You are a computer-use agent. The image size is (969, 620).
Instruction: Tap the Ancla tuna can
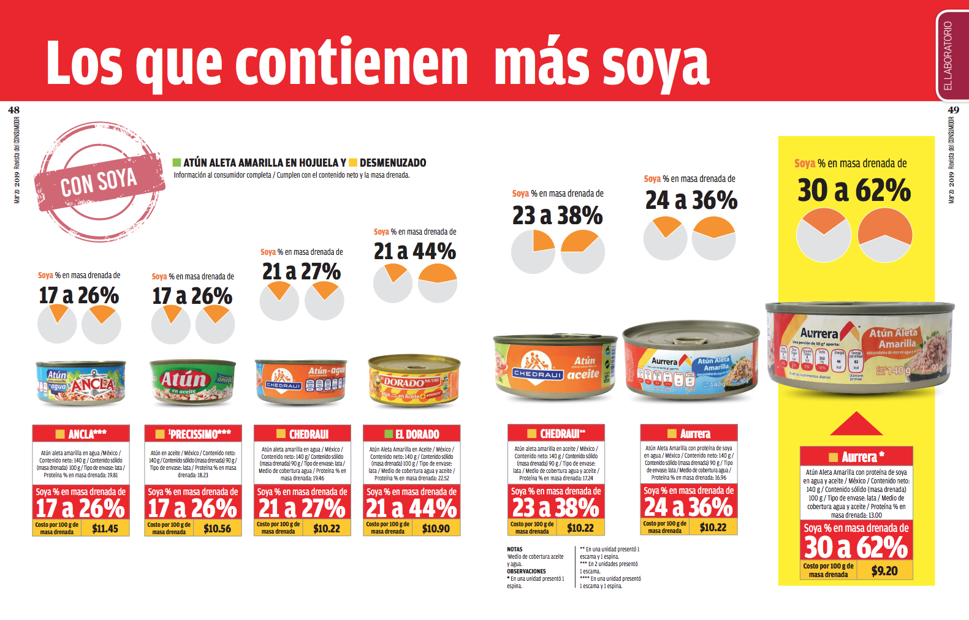[x=81, y=382]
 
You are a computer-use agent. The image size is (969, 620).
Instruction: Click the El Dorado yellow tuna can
[x=414, y=381]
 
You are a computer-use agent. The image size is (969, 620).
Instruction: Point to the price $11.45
[x=105, y=528]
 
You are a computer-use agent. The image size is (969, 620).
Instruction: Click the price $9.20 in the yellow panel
[x=884, y=571]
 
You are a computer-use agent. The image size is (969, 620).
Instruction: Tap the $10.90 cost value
[x=436, y=528]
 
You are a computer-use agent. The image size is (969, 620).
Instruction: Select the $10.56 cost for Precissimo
[x=217, y=528]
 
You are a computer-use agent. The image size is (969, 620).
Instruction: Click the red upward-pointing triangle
[x=856, y=424]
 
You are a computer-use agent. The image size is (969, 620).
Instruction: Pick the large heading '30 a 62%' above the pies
[x=854, y=191]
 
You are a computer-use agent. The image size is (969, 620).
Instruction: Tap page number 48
[x=13, y=110]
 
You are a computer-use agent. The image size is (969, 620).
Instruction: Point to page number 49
[x=953, y=110]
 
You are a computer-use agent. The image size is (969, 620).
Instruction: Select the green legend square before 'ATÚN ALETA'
[x=177, y=163]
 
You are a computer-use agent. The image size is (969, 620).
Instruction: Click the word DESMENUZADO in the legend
[x=393, y=163]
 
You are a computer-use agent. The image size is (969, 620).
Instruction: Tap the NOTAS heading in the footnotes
[x=515, y=550]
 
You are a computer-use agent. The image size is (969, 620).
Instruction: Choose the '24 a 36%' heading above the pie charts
[x=691, y=200]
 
